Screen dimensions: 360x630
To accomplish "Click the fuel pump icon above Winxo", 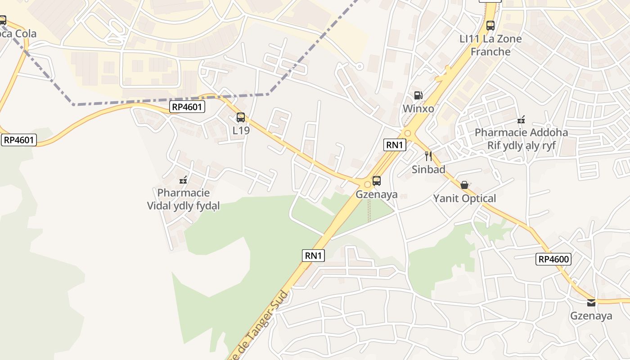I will coord(418,95).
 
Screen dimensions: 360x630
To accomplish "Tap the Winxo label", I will coord(418,108).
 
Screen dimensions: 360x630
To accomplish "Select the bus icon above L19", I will coord(241,117).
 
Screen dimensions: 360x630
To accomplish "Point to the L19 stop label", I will coord(241,130).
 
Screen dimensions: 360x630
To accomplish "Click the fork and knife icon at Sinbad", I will coord(428,156).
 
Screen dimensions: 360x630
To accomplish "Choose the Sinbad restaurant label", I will coord(428,169).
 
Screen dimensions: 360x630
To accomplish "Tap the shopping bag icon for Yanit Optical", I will coord(464,185).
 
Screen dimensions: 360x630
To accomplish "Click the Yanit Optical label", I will coord(464,198).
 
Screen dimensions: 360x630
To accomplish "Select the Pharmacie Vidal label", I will coord(184,199).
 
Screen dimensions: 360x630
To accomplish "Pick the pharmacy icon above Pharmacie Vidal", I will coord(183,180).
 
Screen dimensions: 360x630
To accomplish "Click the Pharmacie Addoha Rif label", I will coord(521,139).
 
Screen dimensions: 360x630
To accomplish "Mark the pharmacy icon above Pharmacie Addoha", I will coord(521,120).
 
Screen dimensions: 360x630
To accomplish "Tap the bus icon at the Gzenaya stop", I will coord(377,181).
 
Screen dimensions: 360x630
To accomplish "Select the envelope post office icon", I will coord(591,303).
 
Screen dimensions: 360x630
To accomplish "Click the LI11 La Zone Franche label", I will coord(490,45).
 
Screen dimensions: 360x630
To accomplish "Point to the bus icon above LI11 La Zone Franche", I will coord(490,26).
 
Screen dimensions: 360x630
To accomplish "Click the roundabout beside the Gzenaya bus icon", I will coord(368,184).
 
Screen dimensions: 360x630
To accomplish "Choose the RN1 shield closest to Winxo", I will coord(395,144).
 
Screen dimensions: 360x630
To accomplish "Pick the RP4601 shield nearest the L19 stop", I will coord(188,107).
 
